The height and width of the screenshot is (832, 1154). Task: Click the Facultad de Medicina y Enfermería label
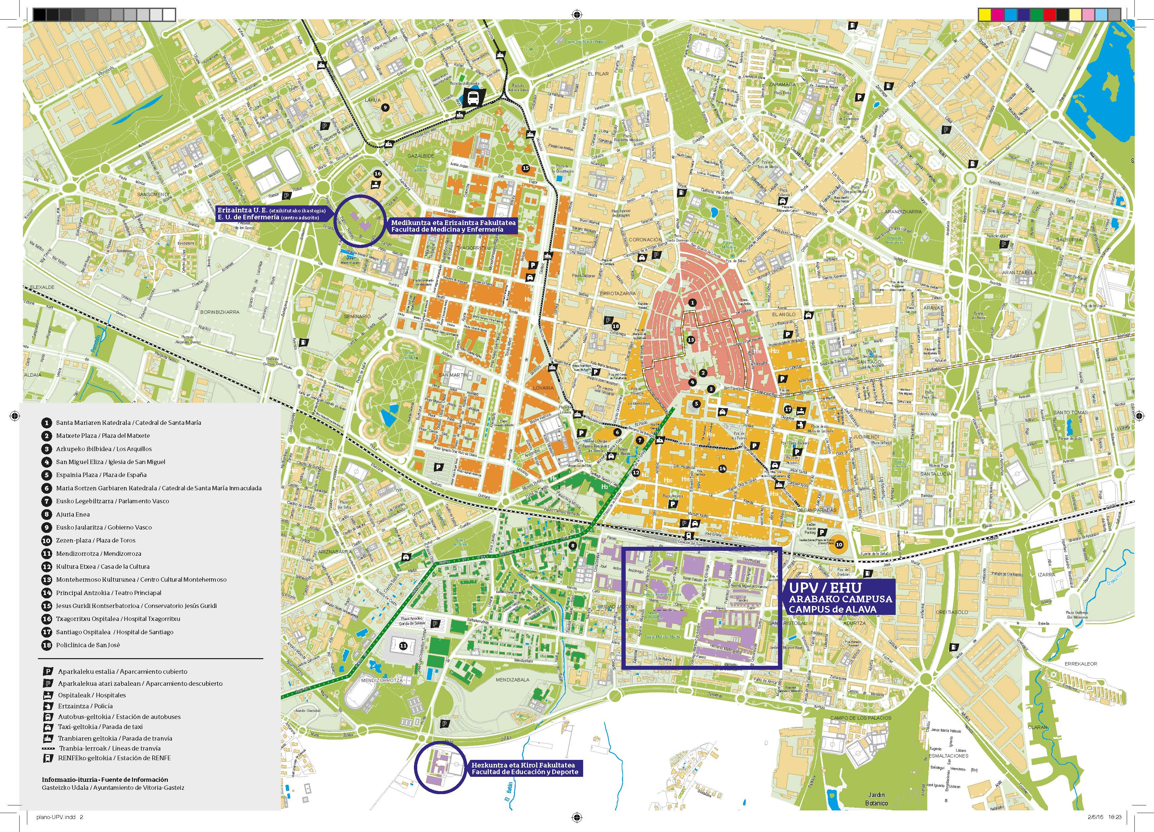point(453,226)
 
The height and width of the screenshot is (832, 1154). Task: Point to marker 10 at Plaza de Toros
point(838,544)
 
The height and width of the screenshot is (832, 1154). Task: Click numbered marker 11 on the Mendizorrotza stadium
point(403,646)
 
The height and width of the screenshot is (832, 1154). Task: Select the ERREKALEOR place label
point(1081,663)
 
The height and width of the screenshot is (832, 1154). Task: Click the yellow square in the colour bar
point(984,15)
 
